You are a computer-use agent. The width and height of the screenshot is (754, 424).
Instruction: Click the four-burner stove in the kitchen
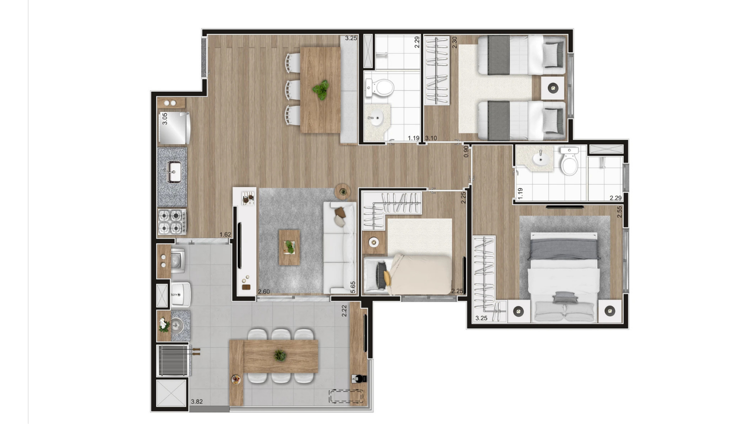[172, 222]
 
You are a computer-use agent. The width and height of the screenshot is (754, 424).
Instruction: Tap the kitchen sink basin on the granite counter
[174, 172]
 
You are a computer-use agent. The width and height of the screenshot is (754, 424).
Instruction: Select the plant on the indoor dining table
[321, 90]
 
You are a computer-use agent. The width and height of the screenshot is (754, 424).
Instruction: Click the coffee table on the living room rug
[289, 247]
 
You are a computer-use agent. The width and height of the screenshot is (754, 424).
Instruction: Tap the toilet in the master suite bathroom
[569, 161]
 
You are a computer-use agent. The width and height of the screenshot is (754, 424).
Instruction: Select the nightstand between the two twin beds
[553, 88]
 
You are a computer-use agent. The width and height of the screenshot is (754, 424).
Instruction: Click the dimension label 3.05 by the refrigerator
[164, 119]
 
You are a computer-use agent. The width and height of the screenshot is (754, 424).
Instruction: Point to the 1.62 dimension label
[225, 235]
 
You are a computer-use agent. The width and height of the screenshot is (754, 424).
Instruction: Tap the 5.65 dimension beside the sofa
[353, 288]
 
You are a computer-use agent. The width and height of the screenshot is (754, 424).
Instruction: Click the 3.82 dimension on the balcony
[197, 401]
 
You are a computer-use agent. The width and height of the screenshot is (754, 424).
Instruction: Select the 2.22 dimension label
[344, 311]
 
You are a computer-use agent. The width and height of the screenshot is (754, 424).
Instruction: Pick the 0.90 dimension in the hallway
[466, 151]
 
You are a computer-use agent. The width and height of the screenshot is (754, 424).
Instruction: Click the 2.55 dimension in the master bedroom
[619, 212]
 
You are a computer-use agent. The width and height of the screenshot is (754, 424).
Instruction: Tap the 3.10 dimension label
[431, 138]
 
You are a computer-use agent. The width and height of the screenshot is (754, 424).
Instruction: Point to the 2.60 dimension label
[264, 292]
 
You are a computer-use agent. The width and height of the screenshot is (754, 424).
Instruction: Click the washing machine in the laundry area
[178, 261]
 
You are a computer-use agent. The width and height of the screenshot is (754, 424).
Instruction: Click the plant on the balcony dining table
[280, 355]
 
